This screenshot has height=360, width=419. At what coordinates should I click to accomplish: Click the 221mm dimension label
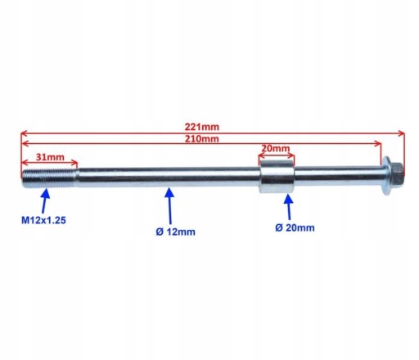pos(202,127)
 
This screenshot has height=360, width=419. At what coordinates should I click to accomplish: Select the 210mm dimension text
pos(202,139)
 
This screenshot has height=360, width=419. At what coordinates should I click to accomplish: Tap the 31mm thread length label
pos(50,157)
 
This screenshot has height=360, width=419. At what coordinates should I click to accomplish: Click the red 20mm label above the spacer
pos(276,149)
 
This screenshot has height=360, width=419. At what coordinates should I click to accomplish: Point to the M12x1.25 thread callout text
pos(43,220)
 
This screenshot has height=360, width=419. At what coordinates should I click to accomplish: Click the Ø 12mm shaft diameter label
pos(175,232)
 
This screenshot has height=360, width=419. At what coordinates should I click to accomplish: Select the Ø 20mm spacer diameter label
pos(295,227)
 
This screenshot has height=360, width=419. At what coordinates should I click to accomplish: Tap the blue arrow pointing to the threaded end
pos(45,200)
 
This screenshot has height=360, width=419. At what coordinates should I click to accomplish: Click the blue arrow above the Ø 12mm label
pos(169,206)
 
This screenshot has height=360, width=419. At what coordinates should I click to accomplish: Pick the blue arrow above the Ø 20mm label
pos(289,207)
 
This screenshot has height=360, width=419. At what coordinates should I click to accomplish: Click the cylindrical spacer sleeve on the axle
pos(277,177)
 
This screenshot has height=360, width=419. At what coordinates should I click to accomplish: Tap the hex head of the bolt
pos(397,176)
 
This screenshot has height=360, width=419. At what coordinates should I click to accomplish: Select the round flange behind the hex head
pos(386,176)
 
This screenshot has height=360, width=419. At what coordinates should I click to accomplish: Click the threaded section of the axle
pos(49,179)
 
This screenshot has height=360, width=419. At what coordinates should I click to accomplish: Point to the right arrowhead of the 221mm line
pos(402,133)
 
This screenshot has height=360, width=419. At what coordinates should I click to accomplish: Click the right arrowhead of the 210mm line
pos(378,143)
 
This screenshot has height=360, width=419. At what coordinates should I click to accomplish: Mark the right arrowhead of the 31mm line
pos(74,163)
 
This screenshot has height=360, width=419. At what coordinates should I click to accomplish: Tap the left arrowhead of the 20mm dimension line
pos(262,156)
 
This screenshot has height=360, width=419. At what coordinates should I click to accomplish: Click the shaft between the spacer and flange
pos(338,175)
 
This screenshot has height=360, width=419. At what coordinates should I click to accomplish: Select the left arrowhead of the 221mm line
pos(24,133)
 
